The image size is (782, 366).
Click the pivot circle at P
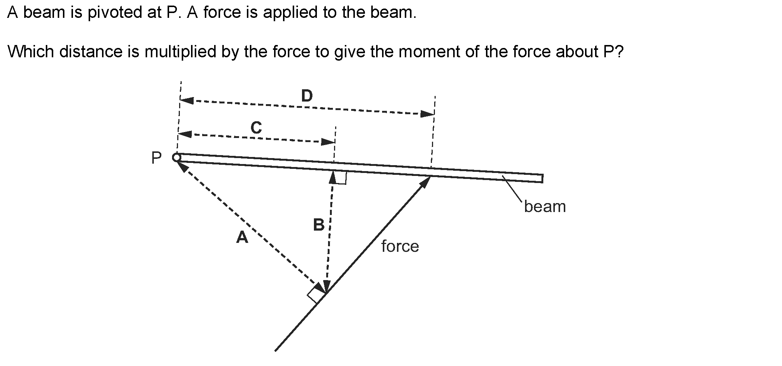tap(177, 158)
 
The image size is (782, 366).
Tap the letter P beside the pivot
tap(156, 158)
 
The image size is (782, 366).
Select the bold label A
tap(242, 237)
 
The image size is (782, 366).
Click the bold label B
tap(319, 225)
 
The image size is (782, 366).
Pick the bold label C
tap(256, 128)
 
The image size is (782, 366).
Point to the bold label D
tap(307, 96)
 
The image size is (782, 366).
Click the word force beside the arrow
tap(400, 246)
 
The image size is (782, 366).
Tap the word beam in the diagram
tap(544, 206)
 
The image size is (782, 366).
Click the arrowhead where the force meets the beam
tap(426, 181)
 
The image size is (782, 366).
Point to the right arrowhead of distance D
tap(427, 114)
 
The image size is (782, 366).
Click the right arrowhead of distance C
tap(328, 142)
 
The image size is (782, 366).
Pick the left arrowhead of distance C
tap(185, 134)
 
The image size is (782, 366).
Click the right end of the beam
tap(542, 179)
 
